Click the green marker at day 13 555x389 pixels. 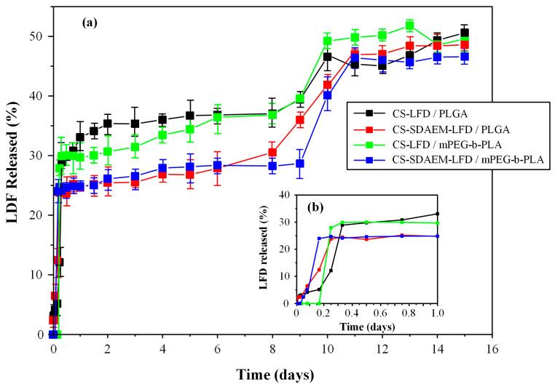pyautogui.click(x=409, y=26)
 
